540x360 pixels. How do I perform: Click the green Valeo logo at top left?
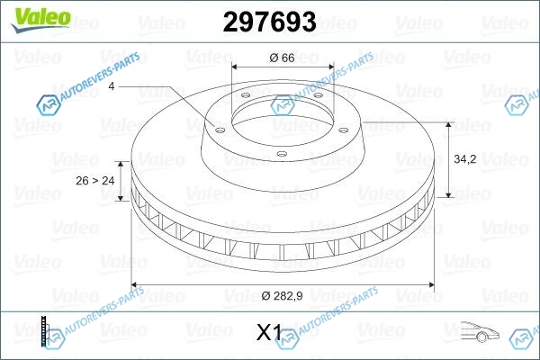40,20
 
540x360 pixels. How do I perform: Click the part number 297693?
270,22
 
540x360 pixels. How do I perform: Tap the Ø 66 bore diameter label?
282,58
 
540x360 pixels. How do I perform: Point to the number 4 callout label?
112,86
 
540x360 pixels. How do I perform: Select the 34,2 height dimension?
465,159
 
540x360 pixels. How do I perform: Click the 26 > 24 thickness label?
95,181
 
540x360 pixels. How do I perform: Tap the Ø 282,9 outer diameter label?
282,295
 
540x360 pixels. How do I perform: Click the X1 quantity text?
269,332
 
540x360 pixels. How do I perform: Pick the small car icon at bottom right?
480,331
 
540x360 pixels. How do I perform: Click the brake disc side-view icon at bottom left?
44,331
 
